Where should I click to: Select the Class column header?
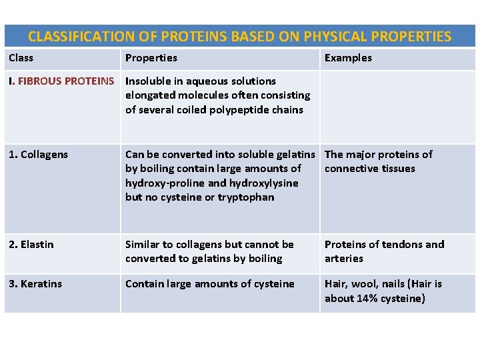[21, 58]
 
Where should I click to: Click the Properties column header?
[151, 58]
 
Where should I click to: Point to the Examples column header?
[348, 58]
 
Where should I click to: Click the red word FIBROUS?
[38, 81]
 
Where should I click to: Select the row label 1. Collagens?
[38, 155]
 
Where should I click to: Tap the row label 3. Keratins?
[35, 284]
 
